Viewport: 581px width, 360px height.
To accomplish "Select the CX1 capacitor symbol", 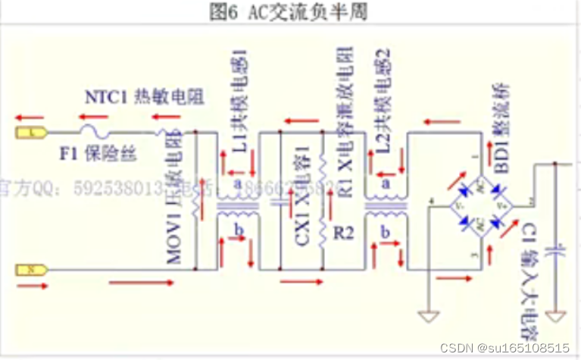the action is pos(281,202).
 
